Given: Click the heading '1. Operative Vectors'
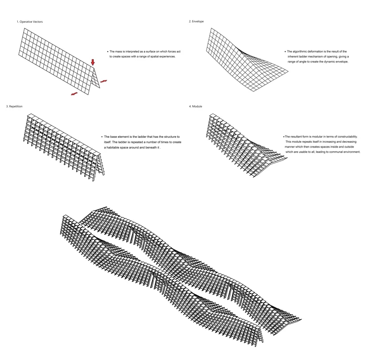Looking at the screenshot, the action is tap(29, 22).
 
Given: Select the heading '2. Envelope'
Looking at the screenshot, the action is tap(196, 21).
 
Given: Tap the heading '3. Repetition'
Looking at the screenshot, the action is tap(14, 106).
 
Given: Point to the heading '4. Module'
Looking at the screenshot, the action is tap(195, 106).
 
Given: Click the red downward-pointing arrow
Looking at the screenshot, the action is tap(93, 62).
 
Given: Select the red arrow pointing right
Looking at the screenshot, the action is tap(104, 81).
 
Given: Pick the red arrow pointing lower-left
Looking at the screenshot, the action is tap(74, 94).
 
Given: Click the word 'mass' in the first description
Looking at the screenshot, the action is tap(119, 51).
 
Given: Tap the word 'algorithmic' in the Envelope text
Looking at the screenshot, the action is tap(300, 51).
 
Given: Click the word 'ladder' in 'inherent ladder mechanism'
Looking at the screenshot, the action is tap(303, 57).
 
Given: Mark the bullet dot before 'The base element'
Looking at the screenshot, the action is tap(102, 137).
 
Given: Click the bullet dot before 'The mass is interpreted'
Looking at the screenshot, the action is tap(108, 52).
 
